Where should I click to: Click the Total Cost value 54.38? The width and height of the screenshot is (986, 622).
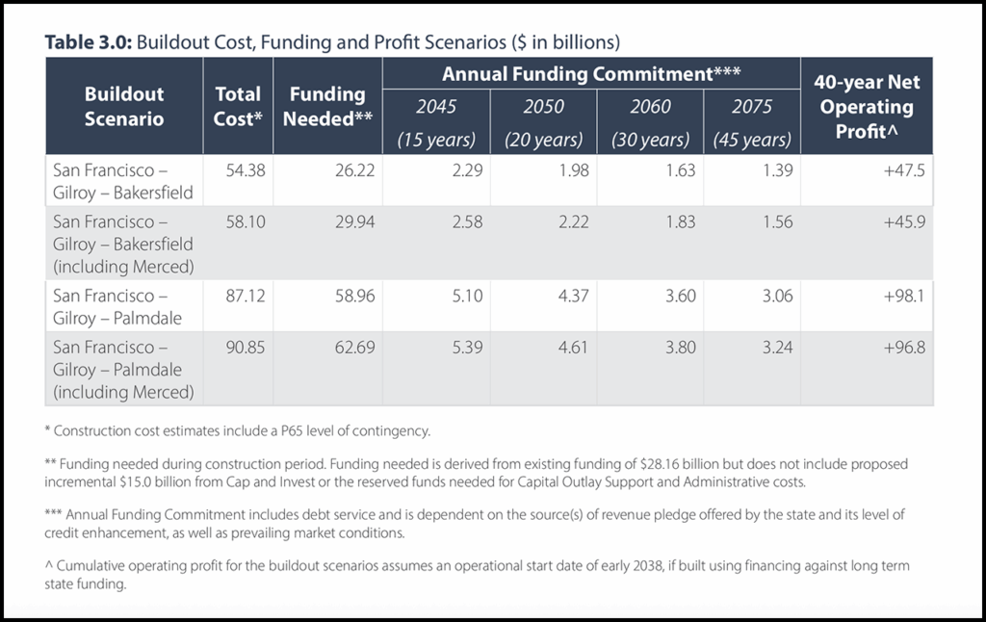click(245, 169)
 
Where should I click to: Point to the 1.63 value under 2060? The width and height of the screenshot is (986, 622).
click(679, 169)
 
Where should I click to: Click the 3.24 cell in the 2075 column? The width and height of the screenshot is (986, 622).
click(776, 347)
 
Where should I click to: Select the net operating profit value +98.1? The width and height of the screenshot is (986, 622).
click(903, 296)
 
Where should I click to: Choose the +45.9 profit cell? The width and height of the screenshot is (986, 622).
click(903, 220)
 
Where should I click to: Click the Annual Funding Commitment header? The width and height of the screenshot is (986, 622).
click(590, 73)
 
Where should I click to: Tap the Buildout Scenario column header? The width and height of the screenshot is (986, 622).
click(124, 107)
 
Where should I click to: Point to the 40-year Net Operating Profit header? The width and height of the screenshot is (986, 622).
click(867, 106)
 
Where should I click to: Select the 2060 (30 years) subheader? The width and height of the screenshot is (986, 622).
click(651, 122)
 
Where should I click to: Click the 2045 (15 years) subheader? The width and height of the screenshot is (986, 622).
click(436, 122)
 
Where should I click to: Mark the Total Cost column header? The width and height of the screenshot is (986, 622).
click(238, 107)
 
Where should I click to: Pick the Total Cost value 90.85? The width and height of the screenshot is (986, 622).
click(245, 347)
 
